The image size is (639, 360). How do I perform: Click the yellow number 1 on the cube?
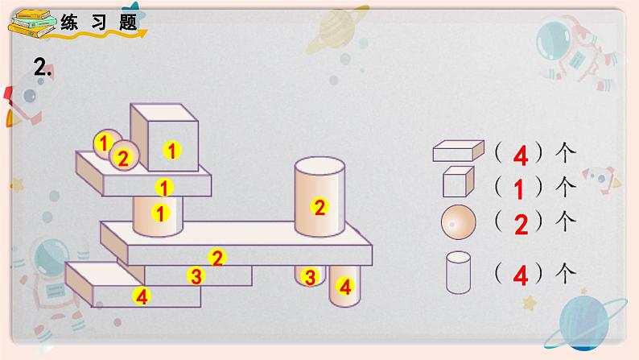[172, 151]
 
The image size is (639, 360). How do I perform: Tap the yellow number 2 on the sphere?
[122, 158]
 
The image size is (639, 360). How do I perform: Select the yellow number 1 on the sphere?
[104, 143]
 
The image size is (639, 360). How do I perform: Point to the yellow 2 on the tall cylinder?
[319, 207]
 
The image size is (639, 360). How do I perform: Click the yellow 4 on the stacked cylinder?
[345, 287]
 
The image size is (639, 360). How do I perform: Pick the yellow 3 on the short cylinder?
[310, 277]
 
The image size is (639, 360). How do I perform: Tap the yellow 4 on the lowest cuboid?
[142, 296]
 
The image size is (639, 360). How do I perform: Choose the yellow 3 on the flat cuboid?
[196, 276]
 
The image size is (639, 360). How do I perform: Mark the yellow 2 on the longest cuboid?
[216, 258]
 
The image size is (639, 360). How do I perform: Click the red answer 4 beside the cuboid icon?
[521, 155]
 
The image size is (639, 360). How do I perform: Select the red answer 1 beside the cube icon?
[518, 189]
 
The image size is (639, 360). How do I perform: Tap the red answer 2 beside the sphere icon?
[522, 225]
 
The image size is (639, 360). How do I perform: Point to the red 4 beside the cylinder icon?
[521, 275]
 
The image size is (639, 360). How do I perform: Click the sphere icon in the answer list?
[458, 222]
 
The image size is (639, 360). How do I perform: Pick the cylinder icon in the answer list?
[458, 272]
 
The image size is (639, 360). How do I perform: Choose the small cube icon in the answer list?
[459, 181]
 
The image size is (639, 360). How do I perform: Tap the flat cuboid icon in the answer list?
[459, 151]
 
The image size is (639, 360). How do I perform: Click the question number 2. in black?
[43, 67]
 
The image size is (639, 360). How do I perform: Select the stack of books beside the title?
[31, 23]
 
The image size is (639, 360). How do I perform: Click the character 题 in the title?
[128, 22]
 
